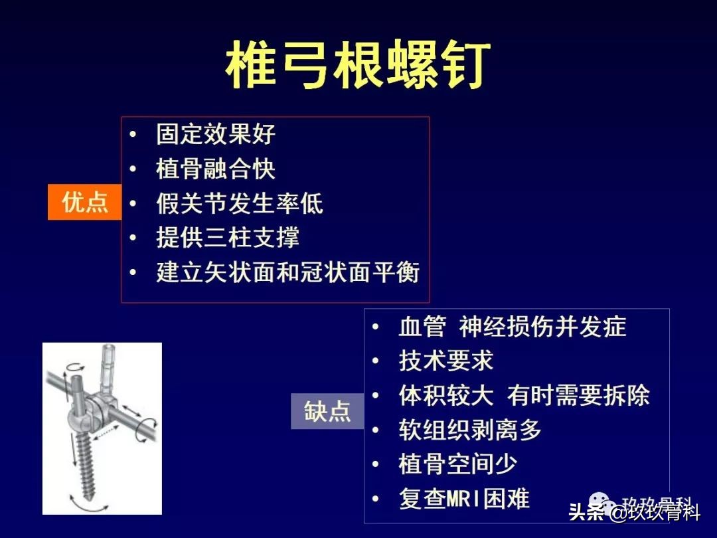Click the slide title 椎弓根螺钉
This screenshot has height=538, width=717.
tap(358, 66)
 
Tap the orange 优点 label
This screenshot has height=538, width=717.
tap(84, 202)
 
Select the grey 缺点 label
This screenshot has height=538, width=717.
tap(327, 411)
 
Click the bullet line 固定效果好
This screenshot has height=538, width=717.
tap(216, 134)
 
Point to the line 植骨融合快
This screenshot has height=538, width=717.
tap(216, 169)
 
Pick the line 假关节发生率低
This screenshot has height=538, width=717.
tap(240, 203)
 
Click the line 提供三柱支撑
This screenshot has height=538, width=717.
tap(228, 238)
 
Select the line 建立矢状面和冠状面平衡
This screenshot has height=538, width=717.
tap(287, 272)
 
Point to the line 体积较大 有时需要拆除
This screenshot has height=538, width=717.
tap(524, 395)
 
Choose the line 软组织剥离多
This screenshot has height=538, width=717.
tap(470, 430)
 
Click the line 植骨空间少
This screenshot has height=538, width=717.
tap(458, 464)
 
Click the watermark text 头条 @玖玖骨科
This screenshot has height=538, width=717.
tap(634, 512)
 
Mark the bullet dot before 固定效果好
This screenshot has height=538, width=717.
tap(135, 135)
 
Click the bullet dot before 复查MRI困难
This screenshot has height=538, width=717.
tap(377, 499)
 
